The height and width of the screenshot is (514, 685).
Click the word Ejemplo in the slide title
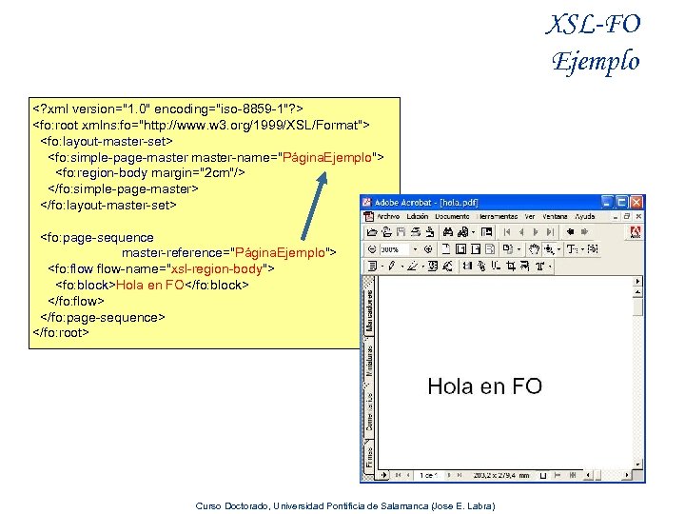(x=597, y=61)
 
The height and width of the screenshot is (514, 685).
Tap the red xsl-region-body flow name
(x=217, y=268)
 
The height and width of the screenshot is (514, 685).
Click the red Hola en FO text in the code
(x=149, y=285)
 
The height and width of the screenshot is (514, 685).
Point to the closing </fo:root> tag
(x=60, y=333)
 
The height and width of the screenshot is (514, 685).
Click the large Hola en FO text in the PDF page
(x=484, y=385)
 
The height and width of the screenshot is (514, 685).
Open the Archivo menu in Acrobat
(x=388, y=217)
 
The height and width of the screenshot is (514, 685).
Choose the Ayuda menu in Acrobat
(x=584, y=217)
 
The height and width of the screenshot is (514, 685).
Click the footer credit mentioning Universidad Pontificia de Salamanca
(x=344, y=505)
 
